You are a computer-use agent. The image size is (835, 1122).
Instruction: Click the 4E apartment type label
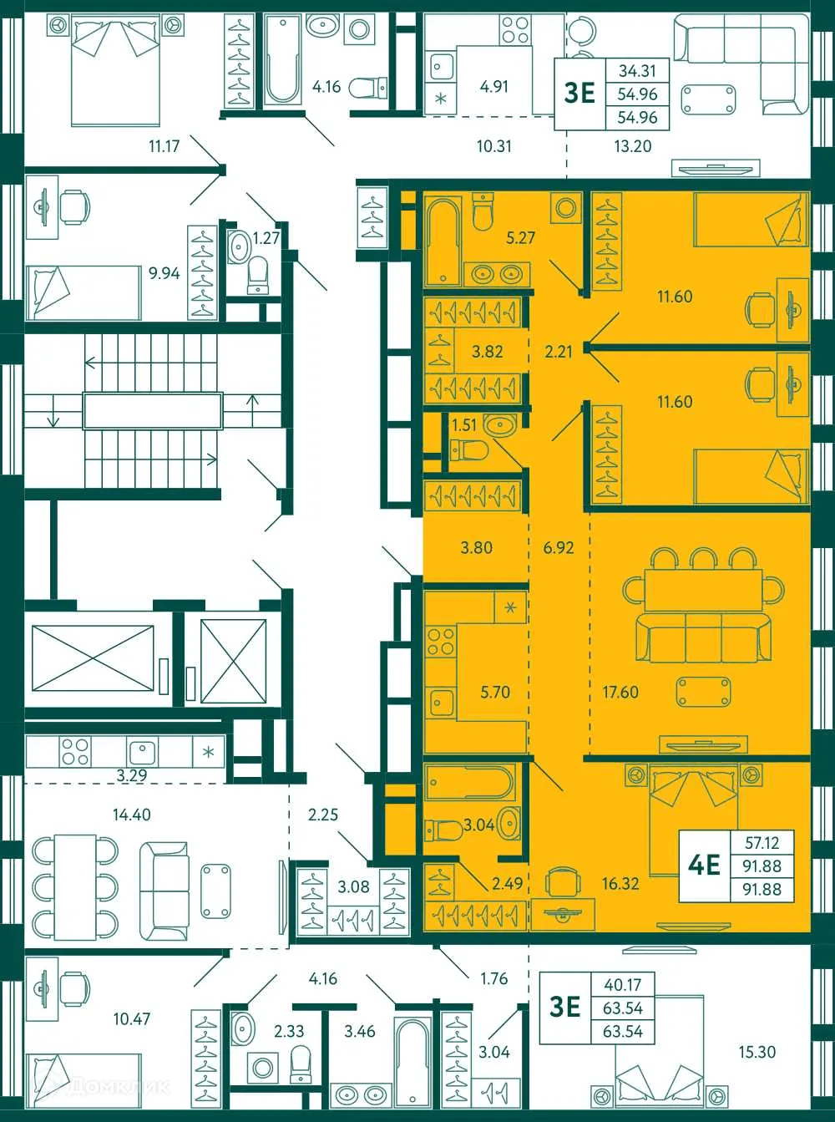click(x=704, y=865)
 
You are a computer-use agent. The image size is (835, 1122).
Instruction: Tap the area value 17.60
click(x=620, y=692)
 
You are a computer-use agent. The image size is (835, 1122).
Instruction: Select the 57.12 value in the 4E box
click(x=762, y=843)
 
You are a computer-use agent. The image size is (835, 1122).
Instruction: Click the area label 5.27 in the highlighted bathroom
click(x=520, y=238)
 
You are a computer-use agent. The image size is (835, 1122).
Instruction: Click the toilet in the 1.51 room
click(x=468, y=451)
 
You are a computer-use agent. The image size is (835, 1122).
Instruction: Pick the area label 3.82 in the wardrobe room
click(x=487, y=352)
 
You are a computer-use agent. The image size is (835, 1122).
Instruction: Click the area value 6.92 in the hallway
click(x=559, y=548)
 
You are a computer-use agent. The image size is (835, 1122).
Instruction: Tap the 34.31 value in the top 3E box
click(x=637, y=72)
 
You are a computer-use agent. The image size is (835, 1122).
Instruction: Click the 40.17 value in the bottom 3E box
click(x=623, y=985)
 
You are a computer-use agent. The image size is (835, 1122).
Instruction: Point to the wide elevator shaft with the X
click(x=93, y=658)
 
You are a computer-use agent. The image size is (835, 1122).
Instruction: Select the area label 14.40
click(x=131, y=815)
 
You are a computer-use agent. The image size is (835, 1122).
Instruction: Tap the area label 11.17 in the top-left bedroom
click(x=164, y=146)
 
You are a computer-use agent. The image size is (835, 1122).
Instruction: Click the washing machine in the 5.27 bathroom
click(x=567, y=206)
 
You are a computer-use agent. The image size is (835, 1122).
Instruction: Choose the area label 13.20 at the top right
click(x=632, y=146)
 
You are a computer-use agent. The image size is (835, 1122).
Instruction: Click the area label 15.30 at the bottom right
click(x=757, y=1053)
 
